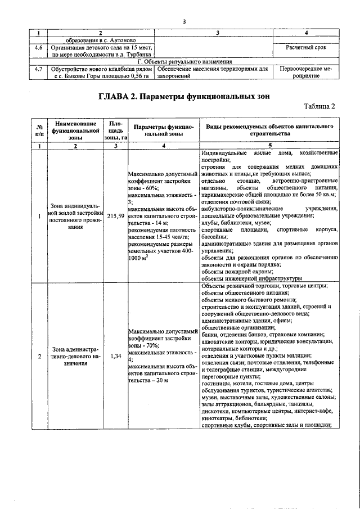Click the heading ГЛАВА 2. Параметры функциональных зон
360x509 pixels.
[x=184, y=96]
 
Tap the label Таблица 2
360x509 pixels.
[x=319, y=106]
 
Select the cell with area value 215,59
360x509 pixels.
[x=115, y=216]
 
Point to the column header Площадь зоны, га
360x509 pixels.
[x=115, y=130]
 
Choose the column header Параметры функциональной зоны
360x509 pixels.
[x=163, y=130]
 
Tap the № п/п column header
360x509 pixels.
[x=39, y=130]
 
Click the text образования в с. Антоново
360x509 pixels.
[x=100, y=40]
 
